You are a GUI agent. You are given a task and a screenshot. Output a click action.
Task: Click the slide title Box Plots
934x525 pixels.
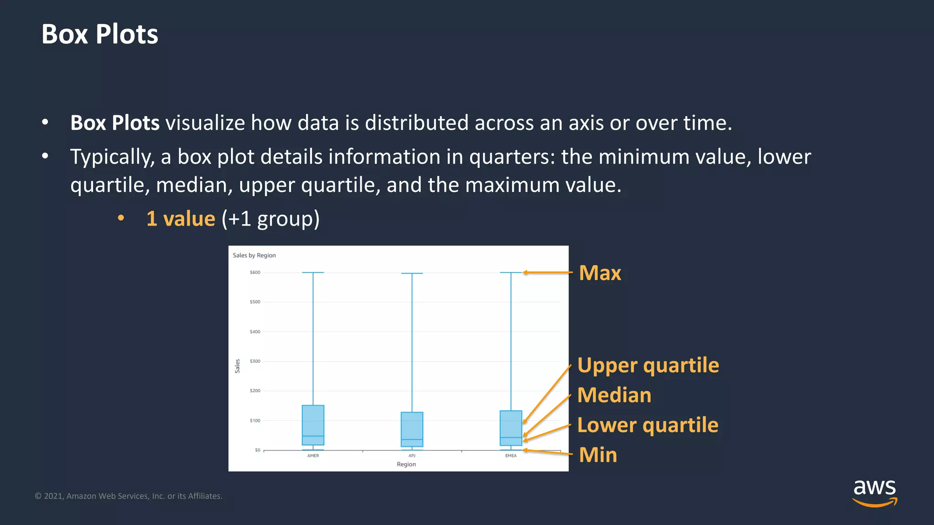[x=99, y=34]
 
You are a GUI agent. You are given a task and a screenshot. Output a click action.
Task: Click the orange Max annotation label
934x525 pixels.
[x=599, y=273]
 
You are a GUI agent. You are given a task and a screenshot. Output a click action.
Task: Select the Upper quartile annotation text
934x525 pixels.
[x=648, y=365]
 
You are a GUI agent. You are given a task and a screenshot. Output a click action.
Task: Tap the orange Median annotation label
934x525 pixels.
[x=614, y=395]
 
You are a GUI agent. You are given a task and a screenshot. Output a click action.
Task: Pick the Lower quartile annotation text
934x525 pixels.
[x=647, y=425]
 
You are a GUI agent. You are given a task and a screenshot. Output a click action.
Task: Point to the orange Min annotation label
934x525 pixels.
[x=597, y=455]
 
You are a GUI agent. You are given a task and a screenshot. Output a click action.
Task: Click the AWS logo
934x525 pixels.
[x=874, y=492]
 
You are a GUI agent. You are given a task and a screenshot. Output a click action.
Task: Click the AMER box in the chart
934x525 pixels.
[x=313, y=425]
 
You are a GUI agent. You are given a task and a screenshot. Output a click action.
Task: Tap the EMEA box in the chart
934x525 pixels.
[x=511, y=427]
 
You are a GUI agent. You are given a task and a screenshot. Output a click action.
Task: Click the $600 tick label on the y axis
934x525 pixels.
[x=255, y=273]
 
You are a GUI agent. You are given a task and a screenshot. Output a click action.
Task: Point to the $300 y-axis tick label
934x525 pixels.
[x=255, y=361]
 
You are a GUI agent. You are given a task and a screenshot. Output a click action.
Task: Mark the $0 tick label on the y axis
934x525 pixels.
[x=257, y=450]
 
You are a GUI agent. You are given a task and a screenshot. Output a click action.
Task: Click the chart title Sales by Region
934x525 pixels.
[x=254, y=255]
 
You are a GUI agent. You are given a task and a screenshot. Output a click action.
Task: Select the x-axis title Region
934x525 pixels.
[x=406, y=464]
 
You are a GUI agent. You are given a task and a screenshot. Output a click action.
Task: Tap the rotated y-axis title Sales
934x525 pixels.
[x=237, y=366]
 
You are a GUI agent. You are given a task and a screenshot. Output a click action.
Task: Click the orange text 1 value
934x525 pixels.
[x=181, y=219]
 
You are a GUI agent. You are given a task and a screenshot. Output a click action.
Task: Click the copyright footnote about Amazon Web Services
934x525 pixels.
[x=129, y=496]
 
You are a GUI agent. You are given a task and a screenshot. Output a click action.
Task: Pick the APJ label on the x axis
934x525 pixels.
[x=412, y=456]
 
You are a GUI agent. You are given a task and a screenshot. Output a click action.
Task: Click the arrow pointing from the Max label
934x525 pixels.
[x=547, y=273]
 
